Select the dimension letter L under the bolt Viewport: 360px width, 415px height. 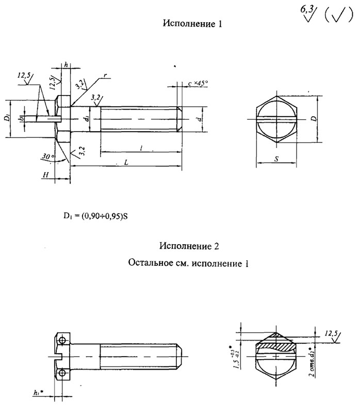(x=126, y=162)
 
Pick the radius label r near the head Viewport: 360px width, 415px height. (x=104, y=76)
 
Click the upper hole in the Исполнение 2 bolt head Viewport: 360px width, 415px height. (x=62, y=340)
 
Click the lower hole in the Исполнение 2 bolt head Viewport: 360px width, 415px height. (x=62, y=372)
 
